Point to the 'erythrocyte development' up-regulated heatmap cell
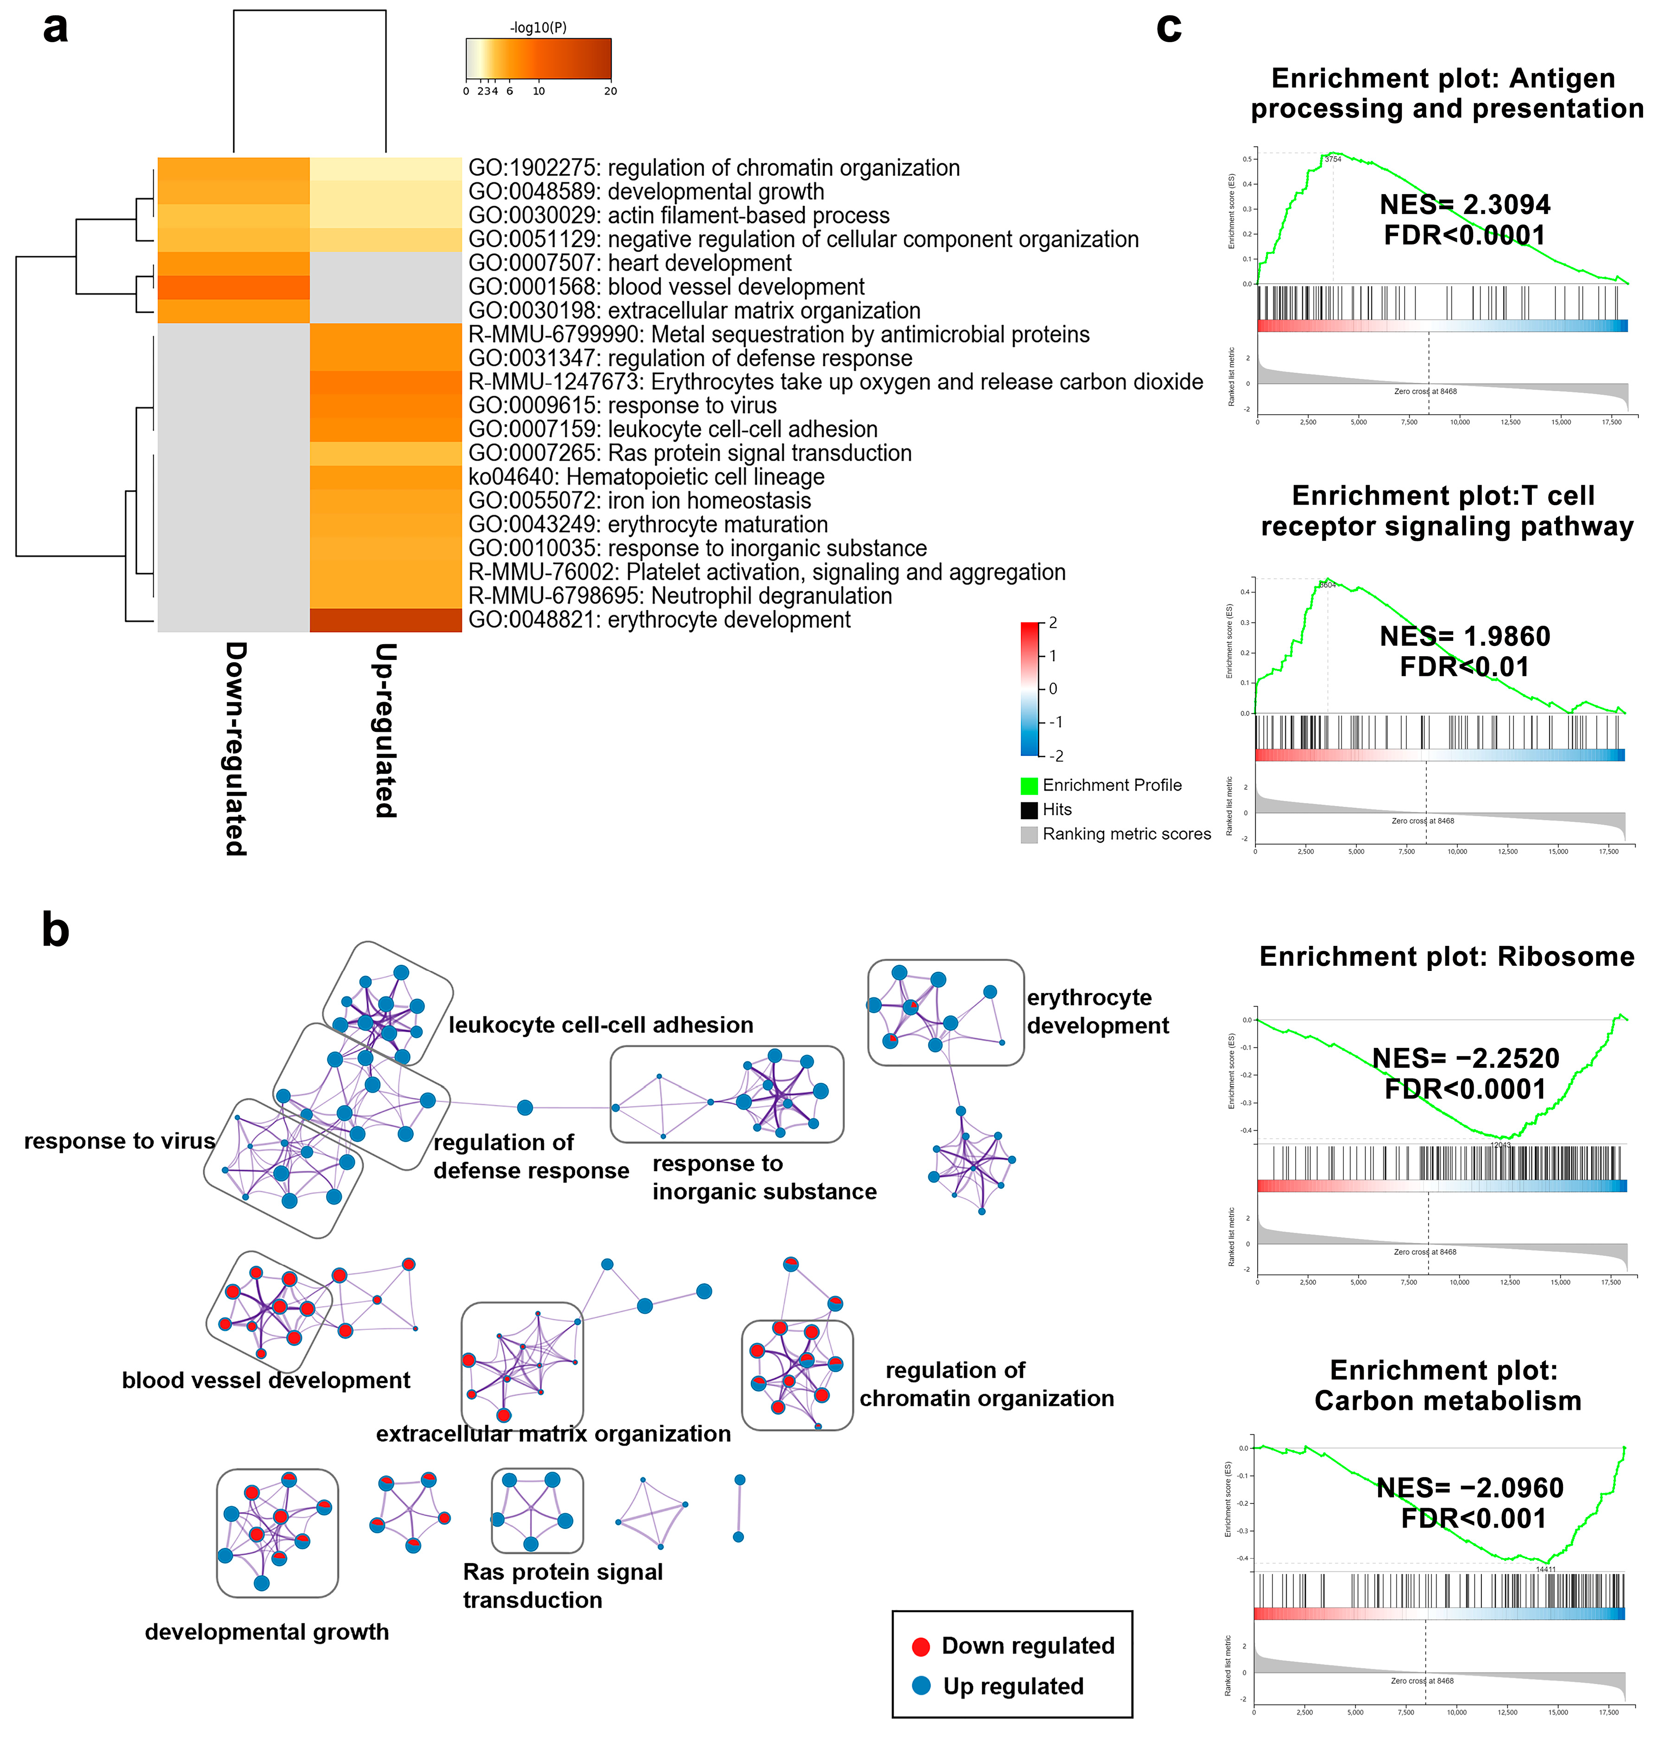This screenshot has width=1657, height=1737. point(385,620)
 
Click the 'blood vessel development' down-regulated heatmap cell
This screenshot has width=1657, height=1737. point(233,287)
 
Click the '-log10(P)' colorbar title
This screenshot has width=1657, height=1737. point(538,27)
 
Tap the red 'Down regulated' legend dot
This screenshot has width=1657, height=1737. point(920,1646)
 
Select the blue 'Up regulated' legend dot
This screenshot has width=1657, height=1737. point(920,1686)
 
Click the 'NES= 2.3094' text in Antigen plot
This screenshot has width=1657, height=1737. point(1464,205)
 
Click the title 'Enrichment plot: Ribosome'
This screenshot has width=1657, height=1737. point(1446,957)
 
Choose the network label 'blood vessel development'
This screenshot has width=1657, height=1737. point(266,1380)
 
